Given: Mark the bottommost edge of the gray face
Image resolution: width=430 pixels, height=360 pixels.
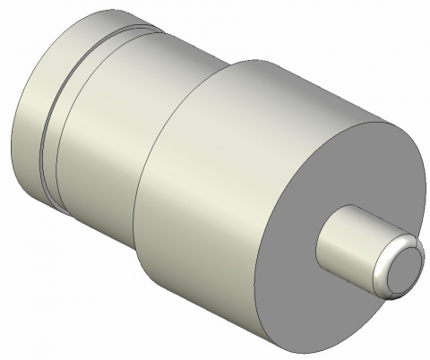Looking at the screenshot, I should pyautogui.click(x=296, y=355).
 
